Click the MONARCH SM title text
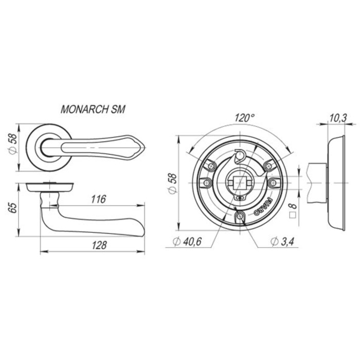[x=93, y=109]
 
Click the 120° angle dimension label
[x=244, y=118]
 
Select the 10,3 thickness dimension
[x=338, y=118]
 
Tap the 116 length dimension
[x=99, y=199]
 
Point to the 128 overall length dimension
[x=99, y=245]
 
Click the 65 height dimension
[x=14, y=208]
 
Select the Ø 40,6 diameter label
[x=187, y=241]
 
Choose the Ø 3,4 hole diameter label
[x=282, y=241]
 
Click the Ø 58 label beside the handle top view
[x=13, y=145]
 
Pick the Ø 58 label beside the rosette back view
[x=172, y=184]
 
